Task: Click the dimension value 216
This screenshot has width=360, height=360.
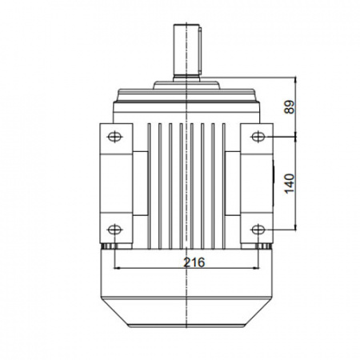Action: pyautogui.click(x=194, y=262)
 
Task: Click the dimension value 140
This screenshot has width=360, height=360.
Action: pyautogui.click(x=290, y=184)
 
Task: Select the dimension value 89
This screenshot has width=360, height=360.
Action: pyautogui.click(x=290, y=107)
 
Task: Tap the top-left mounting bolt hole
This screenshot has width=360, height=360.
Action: pyautogui.click(x=114, y=137)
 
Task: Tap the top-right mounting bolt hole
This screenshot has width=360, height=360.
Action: pyautogui.click(x=258, y=137)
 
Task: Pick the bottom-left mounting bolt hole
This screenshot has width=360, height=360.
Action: pyautogui.click(x=114, y=230)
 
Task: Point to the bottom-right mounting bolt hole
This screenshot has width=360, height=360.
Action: pyautogui.click(x=258, y=230)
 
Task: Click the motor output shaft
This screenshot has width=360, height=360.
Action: pyautogui.click(x=186, y=50)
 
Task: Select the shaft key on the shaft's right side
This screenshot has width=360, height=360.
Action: pyautogui.click(x=200, y=50)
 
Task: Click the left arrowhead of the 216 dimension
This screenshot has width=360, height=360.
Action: pyautogui.click(x=117, y=268)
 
